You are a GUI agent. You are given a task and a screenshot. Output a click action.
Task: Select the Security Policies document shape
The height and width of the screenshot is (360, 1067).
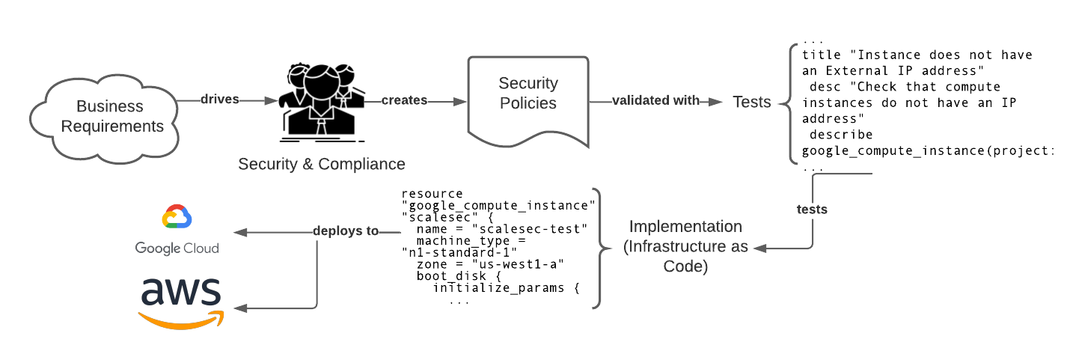tap(528, 101)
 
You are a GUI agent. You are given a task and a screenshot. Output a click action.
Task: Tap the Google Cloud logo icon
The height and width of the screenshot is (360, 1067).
tap(177, 217)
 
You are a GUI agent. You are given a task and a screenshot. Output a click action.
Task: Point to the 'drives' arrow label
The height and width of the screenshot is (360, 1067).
tap(220, 100)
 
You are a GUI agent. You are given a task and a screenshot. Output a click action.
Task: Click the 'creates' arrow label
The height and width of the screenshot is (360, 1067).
tap(404, 100)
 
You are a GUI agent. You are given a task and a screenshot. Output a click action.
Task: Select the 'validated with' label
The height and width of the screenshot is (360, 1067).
tap(656, 100)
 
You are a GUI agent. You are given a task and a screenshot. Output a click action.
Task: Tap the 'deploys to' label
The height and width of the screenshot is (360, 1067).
tap(346, 231)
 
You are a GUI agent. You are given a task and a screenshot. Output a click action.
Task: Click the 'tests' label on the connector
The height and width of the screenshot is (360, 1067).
tap(812, 210)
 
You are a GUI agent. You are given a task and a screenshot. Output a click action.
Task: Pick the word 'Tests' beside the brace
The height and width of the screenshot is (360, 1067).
tap(751, 103)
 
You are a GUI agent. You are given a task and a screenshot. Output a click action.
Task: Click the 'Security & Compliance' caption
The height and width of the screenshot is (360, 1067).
tap(322, 164)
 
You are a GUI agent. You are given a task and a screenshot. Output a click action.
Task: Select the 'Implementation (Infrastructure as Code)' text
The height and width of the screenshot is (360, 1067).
tap(685, 246)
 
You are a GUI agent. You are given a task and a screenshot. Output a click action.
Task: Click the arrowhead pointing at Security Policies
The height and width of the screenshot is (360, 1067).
tap(459, 101)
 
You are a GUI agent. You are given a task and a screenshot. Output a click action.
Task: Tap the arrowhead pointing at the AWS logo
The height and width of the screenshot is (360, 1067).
tap(240, 308)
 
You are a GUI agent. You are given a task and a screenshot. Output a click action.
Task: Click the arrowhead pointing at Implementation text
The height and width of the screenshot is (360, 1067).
tap(760, 248)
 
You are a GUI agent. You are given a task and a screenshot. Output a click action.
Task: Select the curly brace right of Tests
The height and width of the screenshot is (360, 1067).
tap(788, 103)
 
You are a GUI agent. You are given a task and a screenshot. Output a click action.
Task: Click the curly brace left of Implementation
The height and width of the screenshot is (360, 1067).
tap(600, 248)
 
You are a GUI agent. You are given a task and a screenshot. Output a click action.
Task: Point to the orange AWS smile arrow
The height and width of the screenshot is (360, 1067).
tap(182, 320)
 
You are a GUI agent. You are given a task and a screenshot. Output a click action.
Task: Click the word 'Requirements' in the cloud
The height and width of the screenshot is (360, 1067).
tap(112, 126)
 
